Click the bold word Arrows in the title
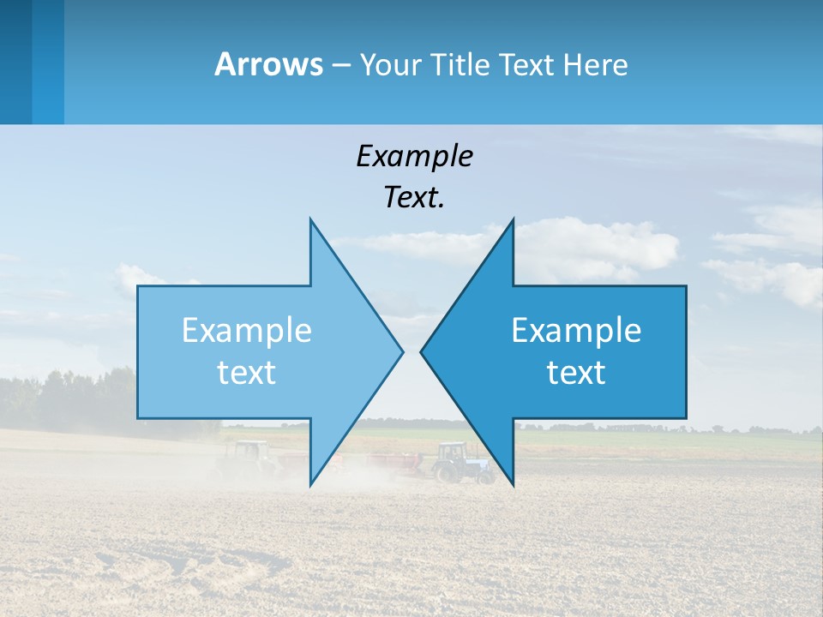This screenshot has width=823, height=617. click(269, 64)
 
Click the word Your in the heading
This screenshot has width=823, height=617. click(391, 64)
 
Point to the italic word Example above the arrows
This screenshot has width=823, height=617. click(414, 156)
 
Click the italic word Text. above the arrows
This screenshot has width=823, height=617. click(414, 197)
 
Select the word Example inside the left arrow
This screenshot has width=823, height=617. click(247, 331)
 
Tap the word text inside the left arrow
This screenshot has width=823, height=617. click(247, 372)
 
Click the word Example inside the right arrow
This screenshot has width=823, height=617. click(576, 331)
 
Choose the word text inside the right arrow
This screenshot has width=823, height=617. click(576, 372)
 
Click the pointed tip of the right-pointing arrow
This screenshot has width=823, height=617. click(402, 350)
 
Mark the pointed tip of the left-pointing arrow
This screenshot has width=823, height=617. click(422, 350)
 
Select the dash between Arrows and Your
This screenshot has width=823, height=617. click(340, 65)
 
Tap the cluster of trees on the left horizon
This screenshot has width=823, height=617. click(69, 398)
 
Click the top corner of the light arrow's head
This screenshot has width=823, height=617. click(310, 219)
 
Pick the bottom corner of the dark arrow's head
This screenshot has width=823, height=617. click(513, 484)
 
